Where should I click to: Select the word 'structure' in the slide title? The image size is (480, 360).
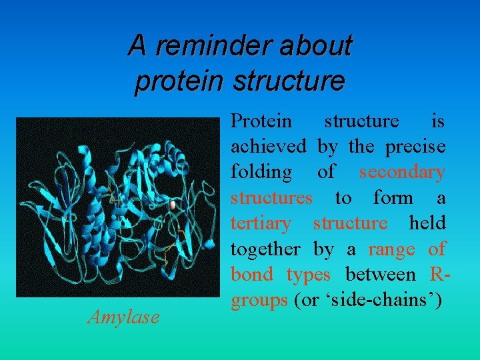289,81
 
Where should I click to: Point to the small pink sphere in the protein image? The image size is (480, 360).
174,205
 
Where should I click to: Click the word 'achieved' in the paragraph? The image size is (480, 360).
269,146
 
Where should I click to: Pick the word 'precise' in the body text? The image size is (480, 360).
414,146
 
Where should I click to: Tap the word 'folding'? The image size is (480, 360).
261,172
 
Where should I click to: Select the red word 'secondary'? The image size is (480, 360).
401,172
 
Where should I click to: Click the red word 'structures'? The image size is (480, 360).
271,197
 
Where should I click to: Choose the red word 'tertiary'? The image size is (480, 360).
261,223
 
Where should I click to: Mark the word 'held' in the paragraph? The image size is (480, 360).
427,223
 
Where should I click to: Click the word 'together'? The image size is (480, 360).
265,249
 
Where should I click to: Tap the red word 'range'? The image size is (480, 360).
391,249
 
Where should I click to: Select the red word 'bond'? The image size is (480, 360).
251,275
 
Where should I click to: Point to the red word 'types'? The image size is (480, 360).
308,275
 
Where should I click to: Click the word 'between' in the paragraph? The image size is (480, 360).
379,275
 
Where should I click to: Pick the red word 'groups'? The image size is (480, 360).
258,301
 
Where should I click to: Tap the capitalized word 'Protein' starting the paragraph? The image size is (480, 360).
261,121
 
